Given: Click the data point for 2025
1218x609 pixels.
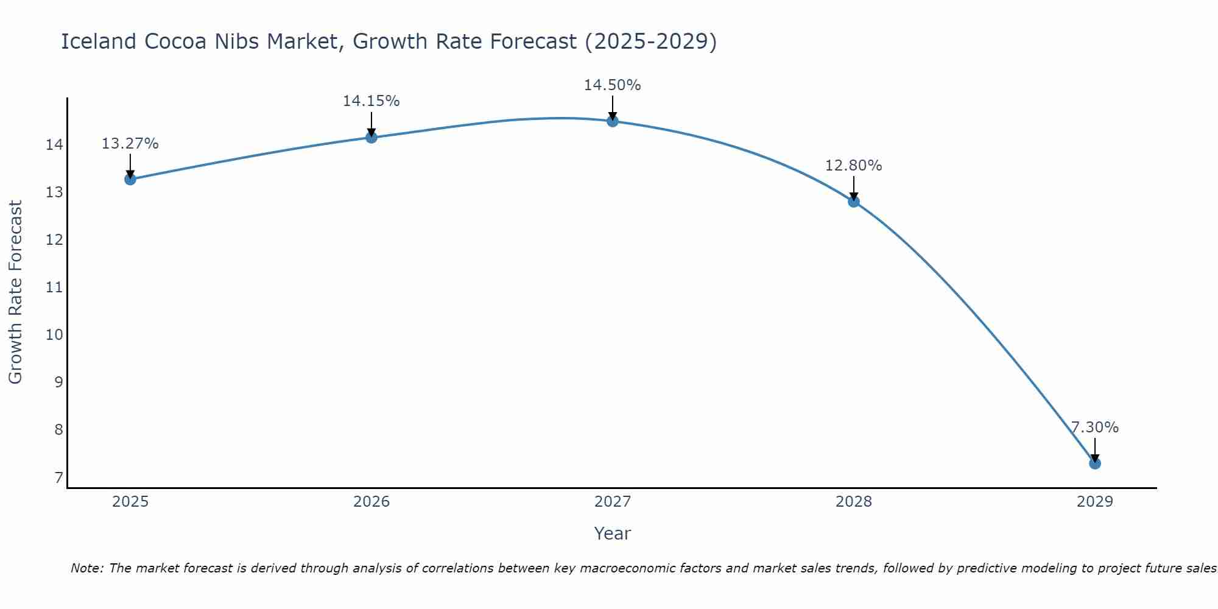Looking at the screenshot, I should click(x=130, y=179).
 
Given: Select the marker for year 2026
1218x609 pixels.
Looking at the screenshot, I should click(x=371, y=137).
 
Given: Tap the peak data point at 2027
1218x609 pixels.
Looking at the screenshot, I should click(x=612, y=121).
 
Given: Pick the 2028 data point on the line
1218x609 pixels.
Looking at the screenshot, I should click(x=853, y=202).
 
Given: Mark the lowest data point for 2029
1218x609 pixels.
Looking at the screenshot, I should click(x=1094, y=463).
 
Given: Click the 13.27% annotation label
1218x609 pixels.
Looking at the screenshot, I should click(x=130, y=144).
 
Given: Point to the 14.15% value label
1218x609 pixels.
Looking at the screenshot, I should click(x=371, y=101).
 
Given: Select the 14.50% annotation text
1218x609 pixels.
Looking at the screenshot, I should click(x=612, y=85).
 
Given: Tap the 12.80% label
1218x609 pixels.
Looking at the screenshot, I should click(x=853, y=166).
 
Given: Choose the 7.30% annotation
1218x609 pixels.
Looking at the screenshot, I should click(x=1094, y=428).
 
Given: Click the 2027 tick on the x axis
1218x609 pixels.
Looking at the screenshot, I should click(x=612, y=502).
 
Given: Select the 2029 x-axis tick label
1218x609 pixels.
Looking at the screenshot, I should click(x=1094, y=502).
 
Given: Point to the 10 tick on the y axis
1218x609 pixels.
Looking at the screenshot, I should click(x=55, y=335).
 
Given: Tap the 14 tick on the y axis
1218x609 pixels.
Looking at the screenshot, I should click(x=55, y=145).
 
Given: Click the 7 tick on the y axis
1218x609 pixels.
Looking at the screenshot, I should click(x=58, y=477).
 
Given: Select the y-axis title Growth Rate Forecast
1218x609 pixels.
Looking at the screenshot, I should click(x=15, y=292).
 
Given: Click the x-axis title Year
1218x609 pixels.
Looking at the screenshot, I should click(x=612, y=533).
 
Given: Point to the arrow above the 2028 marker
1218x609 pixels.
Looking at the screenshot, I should click(x=853, y=188).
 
